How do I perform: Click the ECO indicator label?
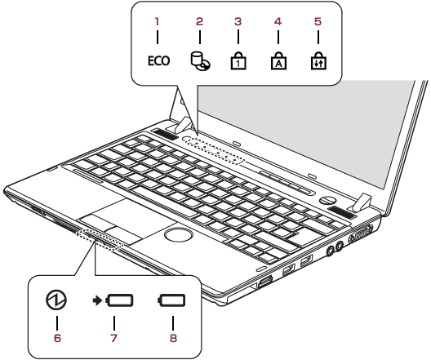point(158,60)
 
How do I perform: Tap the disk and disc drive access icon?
point(201,61)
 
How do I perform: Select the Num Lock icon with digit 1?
point(238,60)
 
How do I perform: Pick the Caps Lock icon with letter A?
point(278,60)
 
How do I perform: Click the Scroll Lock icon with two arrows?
point(318,60)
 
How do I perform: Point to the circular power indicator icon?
point(56,300)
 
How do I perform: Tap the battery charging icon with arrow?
point(113,300)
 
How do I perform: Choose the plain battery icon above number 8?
point(171,300)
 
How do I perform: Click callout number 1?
point(157,21)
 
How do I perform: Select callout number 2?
point(199,21)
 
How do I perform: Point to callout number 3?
point(238,21)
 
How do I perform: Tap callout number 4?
point(278,21)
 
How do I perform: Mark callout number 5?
point(318,21)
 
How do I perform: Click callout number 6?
point(57,338)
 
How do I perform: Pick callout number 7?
point(113,338)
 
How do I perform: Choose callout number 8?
point(173,338)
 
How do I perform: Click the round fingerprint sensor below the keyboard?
point(179,235)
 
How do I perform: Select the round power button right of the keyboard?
point(327,200)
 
